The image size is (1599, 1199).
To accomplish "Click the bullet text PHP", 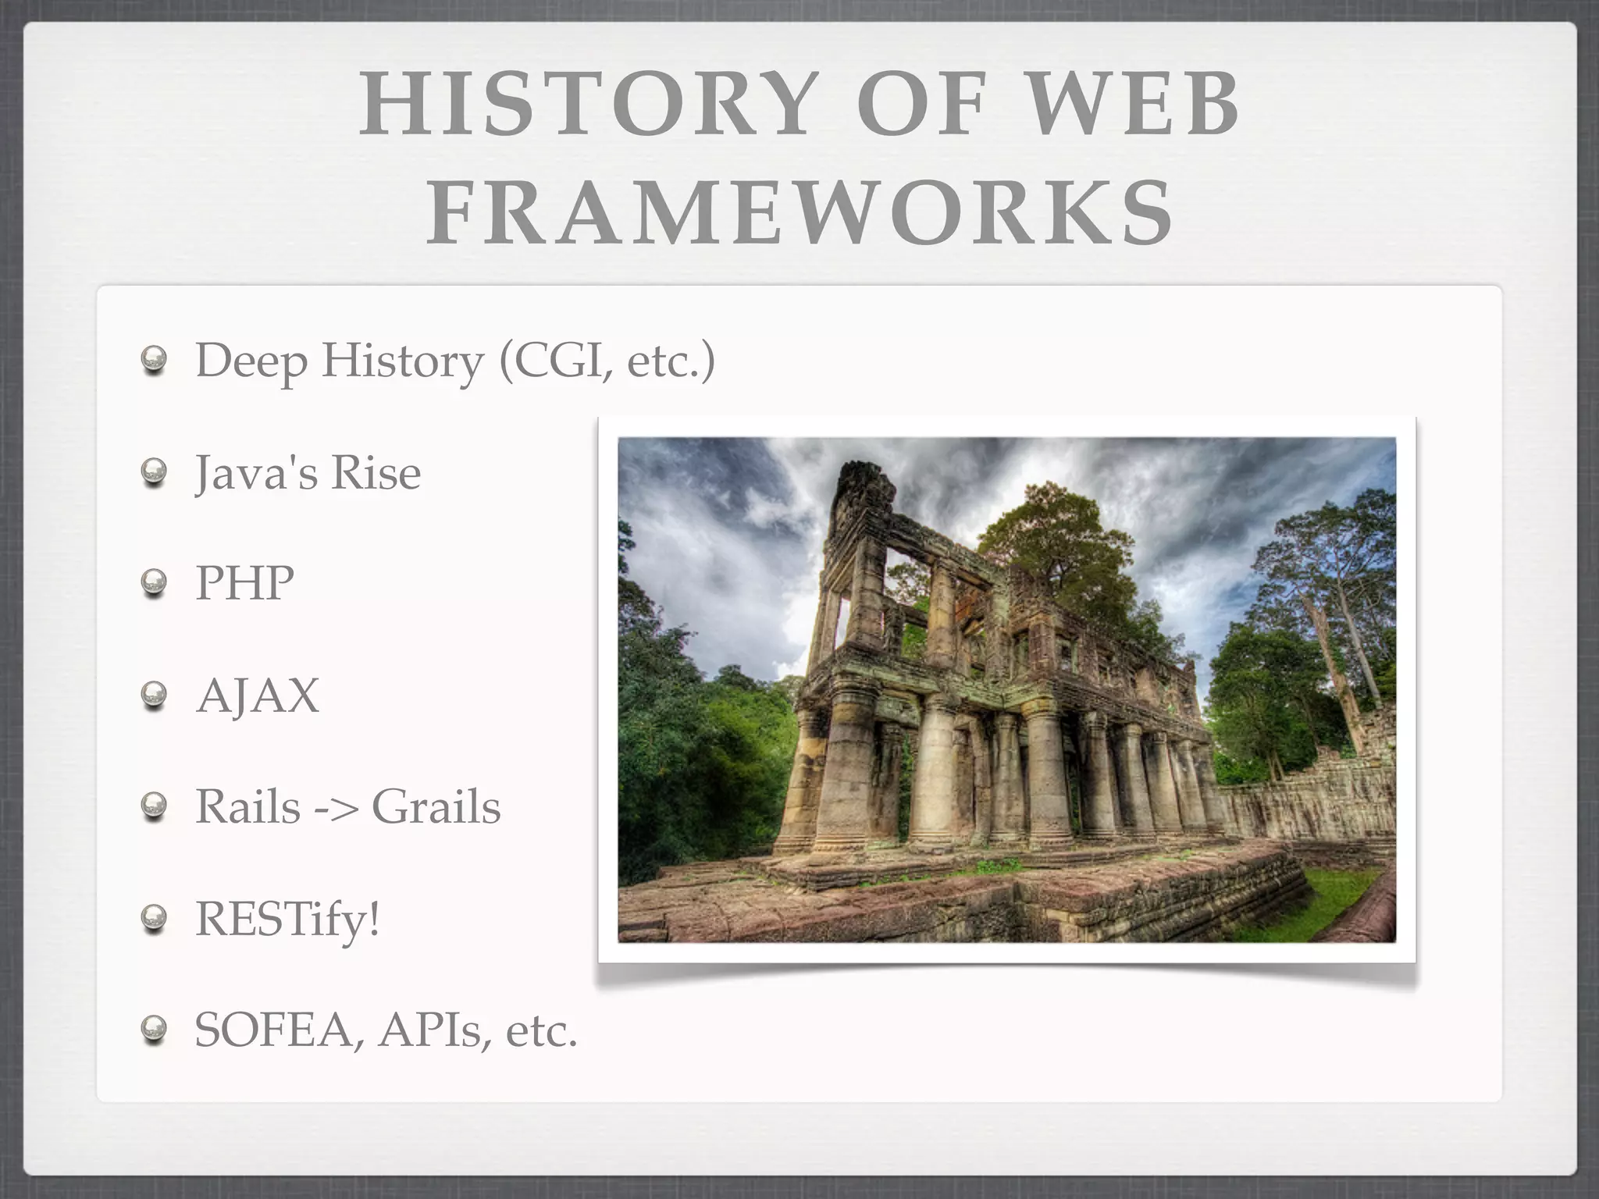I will click(244, 582).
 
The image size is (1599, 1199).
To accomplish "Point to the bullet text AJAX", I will click(258, 695).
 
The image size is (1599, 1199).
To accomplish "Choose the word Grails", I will click(436, 806).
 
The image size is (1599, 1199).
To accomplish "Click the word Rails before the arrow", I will click(248, 806).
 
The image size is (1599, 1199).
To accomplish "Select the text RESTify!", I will click(287, 919).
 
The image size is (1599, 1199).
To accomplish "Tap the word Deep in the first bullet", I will click(251, 362).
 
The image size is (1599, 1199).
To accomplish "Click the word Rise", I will click(376, 472).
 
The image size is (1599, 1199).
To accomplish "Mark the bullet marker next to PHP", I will click(155, 583).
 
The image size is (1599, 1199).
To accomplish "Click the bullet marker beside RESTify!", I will click(155, 920).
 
